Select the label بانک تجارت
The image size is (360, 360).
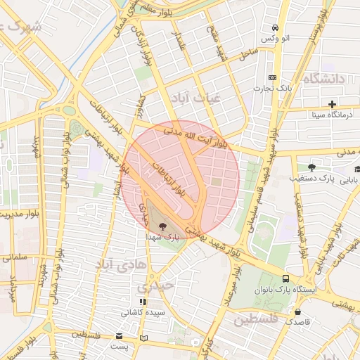click(x=273, y=88)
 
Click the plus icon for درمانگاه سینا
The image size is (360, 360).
click(x=332, y=104)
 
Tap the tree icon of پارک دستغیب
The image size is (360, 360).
click(x=311, y=167)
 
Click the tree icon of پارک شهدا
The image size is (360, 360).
click(x=163, y=226)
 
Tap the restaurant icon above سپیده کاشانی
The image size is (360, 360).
click(x=143, y=302)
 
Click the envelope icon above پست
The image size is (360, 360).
click(x=120, y=337)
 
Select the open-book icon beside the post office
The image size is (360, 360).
click(x=144, y=338)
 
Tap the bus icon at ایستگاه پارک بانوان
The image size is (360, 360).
click(x=285, y=278)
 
